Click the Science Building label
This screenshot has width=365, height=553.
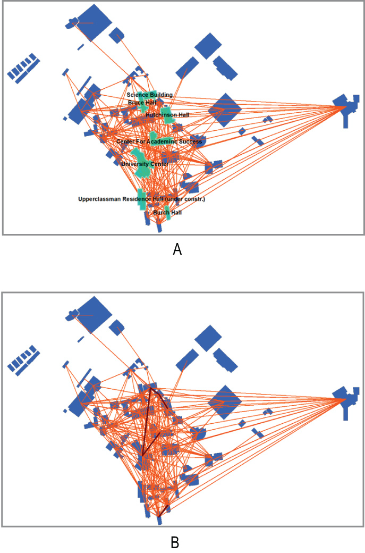tap(149, 95)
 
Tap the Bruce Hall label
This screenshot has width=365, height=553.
tap(140, 102)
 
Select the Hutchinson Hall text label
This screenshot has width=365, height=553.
tap(167, 115)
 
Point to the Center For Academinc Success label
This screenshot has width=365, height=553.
tap(159, 142)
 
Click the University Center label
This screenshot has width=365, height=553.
tap(144, 164)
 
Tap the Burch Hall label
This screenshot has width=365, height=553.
tap(167, 213)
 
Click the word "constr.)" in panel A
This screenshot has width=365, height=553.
tap(193, 199)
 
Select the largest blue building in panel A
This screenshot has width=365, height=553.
tap(95, 22)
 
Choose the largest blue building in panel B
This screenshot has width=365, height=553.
tap(94, 313)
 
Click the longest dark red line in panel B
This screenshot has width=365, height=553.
tap(147, 420)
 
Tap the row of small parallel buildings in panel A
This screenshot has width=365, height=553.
tap(23, 68)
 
